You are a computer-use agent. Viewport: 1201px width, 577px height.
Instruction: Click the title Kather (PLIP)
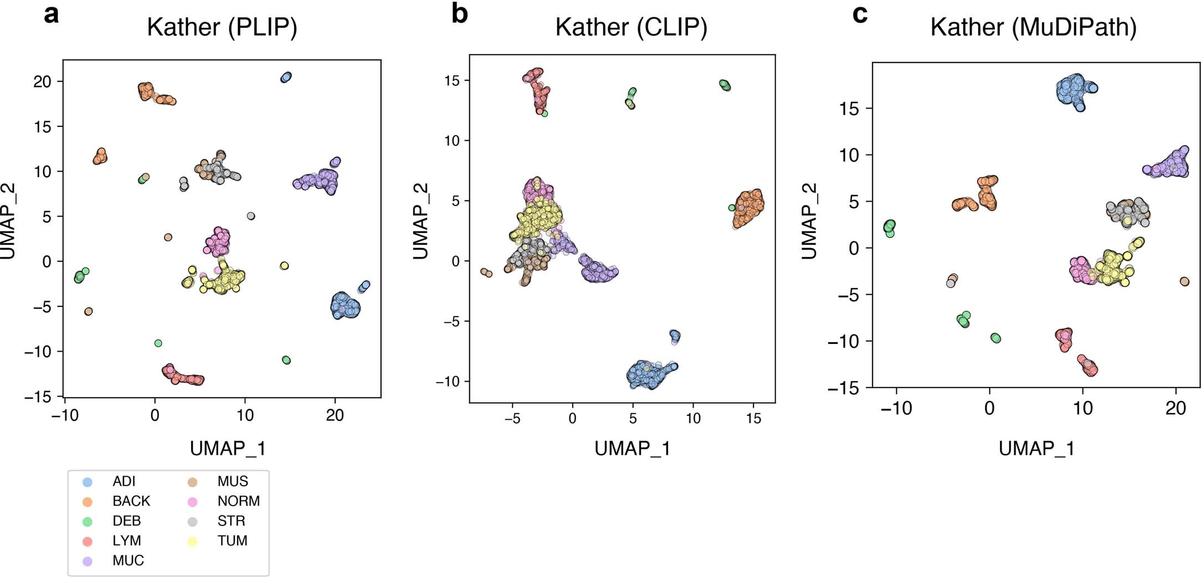[x=222, y=27]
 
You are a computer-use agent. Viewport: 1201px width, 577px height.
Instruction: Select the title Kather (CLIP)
[x=631, y=27]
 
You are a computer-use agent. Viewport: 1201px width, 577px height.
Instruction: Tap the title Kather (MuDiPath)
[x=1033, y=27]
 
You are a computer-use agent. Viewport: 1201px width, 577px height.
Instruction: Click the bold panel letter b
[x=459, y=13]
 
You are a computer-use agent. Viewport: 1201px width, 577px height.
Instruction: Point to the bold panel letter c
[x=860, y=13]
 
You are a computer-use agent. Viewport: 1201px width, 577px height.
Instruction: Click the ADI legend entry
[x=124, y=481]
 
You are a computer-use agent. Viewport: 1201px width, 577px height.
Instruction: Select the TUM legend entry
[x=232, y=540]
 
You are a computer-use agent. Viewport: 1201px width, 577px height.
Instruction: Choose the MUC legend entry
[x=128, y=560]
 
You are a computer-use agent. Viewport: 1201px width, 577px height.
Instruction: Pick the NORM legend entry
[x=238, y=501]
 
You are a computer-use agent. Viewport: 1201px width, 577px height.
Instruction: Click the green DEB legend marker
[x=88, y=521]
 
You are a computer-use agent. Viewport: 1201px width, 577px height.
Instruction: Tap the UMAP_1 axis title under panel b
[x=632, y=449]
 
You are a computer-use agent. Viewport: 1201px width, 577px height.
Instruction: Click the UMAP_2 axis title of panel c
[x=809, y=221]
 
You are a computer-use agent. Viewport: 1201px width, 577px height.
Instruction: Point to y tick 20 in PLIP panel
[x=42, y=82]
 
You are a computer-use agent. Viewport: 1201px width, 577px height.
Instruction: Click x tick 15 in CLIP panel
[x=753, y=419]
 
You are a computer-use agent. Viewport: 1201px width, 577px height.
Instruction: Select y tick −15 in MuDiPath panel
[x=843, y=389]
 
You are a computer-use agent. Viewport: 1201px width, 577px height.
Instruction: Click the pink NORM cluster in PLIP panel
[x=218, y=241]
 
